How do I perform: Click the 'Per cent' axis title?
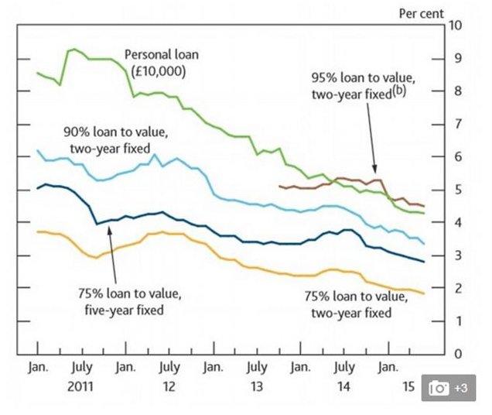click(421, 13)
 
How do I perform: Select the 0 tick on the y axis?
click(455, 354)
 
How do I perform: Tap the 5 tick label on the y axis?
click(455, 190)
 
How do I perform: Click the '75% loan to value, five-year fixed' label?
click(129, 301)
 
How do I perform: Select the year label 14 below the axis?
click(344, 385)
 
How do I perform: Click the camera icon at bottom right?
click(439, 389)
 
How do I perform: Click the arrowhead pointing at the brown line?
click(376, 174)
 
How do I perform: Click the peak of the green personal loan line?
click(73, 49)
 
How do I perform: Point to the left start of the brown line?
click(278, 186)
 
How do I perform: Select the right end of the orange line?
click(424, 293)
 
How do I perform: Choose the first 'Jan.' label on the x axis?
click(38, 368)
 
